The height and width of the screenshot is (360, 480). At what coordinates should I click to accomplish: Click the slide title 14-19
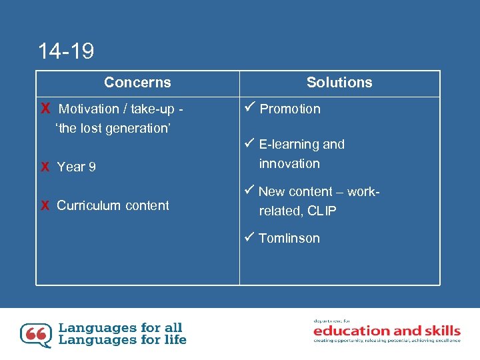(66, 51)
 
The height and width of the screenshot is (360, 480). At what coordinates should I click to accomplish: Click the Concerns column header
(137, 83)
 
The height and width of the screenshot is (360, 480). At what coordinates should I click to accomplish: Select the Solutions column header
(339, 83)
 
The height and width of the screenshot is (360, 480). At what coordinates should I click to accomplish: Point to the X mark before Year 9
(45, 167)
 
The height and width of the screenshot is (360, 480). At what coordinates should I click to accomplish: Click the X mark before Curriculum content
(45, 206)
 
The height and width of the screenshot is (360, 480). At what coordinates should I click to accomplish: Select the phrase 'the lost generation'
(113, 129)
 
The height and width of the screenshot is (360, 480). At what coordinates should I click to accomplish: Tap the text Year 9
(76, 167)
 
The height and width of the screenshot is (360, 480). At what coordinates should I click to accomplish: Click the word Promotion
(290, 109)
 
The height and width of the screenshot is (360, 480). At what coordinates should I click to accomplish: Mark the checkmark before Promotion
(251, 108)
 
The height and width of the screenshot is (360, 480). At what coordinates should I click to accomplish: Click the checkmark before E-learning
(251, 143)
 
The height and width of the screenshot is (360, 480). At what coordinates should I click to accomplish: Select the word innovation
(289, 163)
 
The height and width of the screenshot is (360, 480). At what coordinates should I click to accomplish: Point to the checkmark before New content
(251, 191)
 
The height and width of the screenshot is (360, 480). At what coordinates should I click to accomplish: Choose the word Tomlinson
(289, 239)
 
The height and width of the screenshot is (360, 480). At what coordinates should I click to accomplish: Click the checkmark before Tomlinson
(251, 237)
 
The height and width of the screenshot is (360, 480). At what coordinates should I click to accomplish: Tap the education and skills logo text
(387, 331)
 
